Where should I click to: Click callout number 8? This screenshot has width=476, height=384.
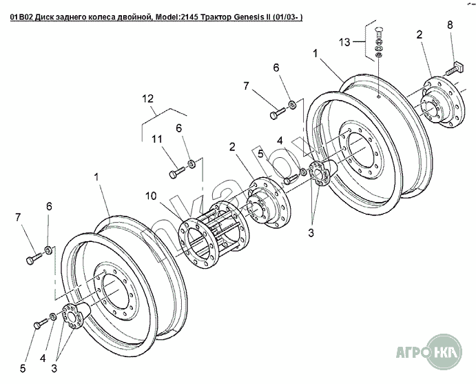click(450, 26)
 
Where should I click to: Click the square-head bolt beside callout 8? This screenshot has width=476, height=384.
click(457, 68)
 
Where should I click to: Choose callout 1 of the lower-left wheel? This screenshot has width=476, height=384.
click(97, 176)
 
